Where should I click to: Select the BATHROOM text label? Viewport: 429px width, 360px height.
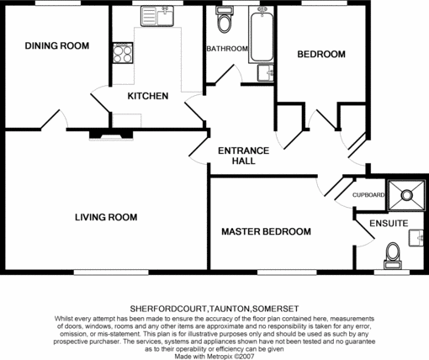click(x=227, y=49)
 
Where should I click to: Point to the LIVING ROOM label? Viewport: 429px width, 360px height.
click(x=106, y=217)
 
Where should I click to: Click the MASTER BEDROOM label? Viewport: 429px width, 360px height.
click(x=266, y=231)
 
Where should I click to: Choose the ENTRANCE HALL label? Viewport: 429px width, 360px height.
click(x=243, y=156)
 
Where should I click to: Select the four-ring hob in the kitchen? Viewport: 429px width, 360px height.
click(x=122, y=53)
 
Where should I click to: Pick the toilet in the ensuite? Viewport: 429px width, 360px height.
click(x=391, y=251)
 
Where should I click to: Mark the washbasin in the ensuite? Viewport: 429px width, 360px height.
click(x=416, y=238)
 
